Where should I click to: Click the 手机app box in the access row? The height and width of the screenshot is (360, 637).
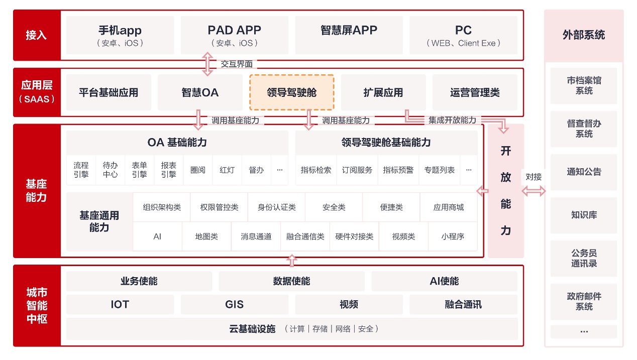coord(120,35)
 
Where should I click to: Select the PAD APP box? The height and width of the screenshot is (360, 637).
coord(235,35)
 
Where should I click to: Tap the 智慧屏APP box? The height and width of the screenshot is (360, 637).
coord(349,35)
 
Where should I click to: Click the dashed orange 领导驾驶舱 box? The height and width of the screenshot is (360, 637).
coord(292,92)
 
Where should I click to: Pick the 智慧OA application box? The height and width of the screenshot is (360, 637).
coord(200,92)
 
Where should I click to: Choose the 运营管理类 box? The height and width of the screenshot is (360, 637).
coord(475,92)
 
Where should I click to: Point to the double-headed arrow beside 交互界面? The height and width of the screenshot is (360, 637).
coord(207,64)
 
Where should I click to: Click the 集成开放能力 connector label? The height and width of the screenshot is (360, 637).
coord(452,120)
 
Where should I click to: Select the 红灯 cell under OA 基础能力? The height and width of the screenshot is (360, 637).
coord(227,170)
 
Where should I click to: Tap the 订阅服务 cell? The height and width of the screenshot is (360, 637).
coord(357,170)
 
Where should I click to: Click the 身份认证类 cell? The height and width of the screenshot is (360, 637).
coord(277,207)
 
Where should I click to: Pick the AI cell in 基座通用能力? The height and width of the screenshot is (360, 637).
coord(157,236)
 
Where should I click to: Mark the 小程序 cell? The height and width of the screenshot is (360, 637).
coord(453,236)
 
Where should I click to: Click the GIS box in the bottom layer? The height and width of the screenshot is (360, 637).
coord(235,304)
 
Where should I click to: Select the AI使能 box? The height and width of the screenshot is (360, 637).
coord(445,281)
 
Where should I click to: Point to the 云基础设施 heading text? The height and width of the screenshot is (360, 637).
coord(252,329)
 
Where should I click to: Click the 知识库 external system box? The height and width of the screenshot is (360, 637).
coord(584,215)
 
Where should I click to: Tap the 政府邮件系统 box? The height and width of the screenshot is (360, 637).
coord(584,301)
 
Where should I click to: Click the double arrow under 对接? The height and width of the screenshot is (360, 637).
coord(534,191)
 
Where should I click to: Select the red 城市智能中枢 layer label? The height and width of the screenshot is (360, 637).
coord(37,306)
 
